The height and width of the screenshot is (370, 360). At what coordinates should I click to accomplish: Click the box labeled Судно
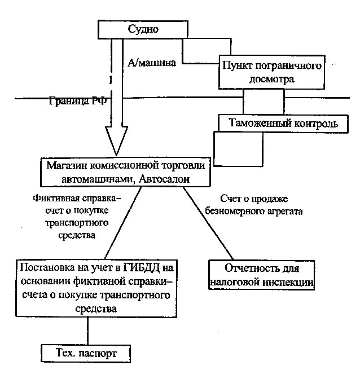coord(143,29)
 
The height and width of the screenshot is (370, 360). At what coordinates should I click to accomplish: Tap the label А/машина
coord(152,63)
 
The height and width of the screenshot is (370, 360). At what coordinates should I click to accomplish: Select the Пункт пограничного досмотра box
coord(272,72)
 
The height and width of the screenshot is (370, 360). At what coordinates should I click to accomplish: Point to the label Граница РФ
coord(78,101)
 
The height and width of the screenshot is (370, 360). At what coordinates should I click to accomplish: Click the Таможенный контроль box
coord(283,124)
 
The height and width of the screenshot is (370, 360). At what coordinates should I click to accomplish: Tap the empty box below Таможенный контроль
coord(238,149)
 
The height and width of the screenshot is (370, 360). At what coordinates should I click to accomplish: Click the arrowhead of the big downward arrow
coord(116,141)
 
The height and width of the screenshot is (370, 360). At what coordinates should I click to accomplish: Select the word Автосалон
coord(164,179)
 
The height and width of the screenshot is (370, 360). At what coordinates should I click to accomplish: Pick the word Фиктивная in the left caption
coord(55,198)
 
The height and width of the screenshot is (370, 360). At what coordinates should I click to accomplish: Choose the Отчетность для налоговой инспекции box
coord(262,275)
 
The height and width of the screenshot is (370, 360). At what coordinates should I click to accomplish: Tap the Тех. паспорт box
coord(86,354)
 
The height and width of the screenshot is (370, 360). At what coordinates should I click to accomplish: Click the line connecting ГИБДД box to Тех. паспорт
coord(88,331)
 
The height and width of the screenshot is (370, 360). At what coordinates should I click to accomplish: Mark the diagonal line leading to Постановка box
coord(123,223)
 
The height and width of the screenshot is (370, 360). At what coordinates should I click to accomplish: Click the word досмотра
coord(272,80)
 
